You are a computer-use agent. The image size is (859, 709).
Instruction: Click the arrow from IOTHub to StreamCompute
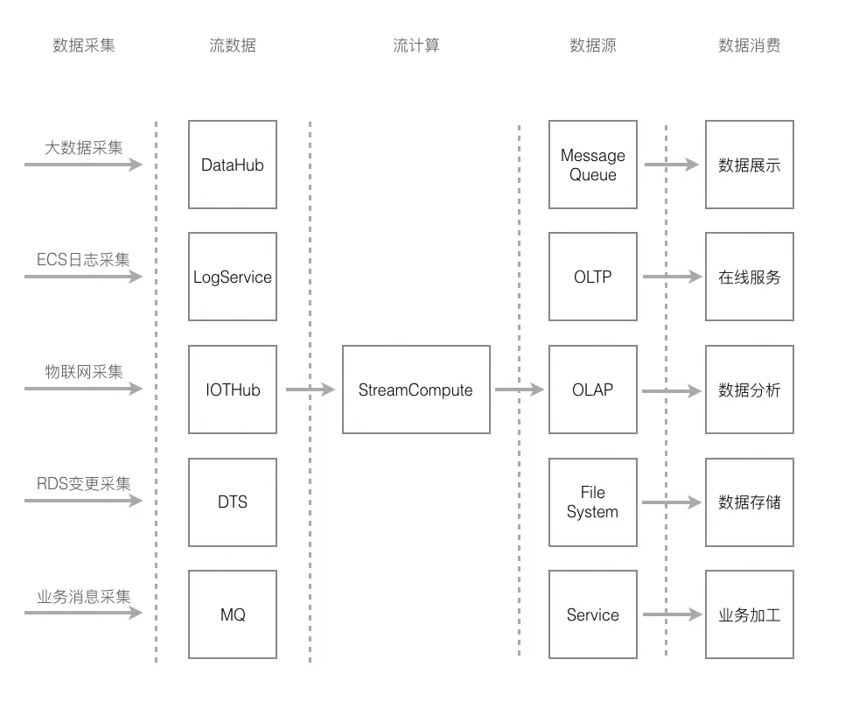[x=310, y=390]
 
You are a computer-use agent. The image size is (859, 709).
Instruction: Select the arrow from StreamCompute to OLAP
[x=520, y=390]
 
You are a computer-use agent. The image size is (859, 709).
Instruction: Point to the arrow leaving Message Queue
[x=671, y=165]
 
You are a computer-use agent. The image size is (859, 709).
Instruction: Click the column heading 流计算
[x=416, y=45]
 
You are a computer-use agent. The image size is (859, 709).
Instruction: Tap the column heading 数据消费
[x=749, y=45]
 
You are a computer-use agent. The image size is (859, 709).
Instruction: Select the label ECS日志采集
[x=83, y=259]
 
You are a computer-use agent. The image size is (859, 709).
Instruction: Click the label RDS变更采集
[x=83, y=484]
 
